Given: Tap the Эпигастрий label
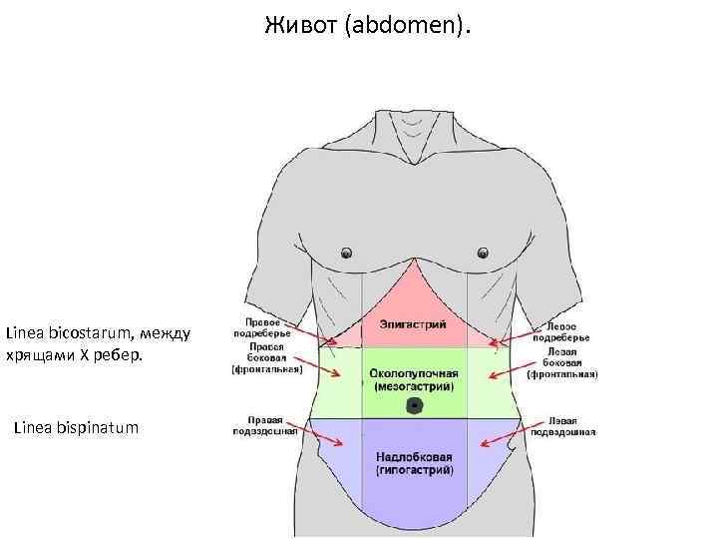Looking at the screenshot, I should (414, 324).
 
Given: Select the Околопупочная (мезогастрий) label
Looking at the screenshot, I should (414, 377).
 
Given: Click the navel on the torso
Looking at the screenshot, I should (414, 406).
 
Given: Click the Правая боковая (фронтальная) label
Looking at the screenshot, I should (267, 360).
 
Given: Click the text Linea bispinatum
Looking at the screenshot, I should (77, 428).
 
